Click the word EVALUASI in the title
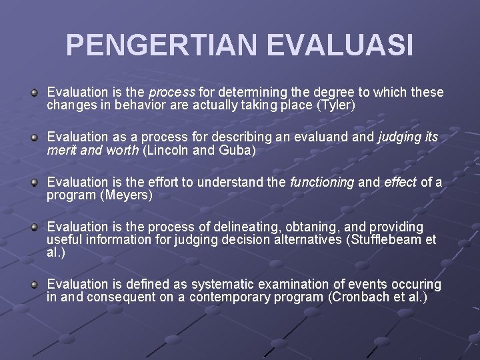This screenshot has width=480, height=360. pos(340,45)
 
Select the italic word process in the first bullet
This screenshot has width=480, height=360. pos(172,92)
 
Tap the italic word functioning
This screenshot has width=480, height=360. pos(322,181)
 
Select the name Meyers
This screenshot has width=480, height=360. pos(126,195)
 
